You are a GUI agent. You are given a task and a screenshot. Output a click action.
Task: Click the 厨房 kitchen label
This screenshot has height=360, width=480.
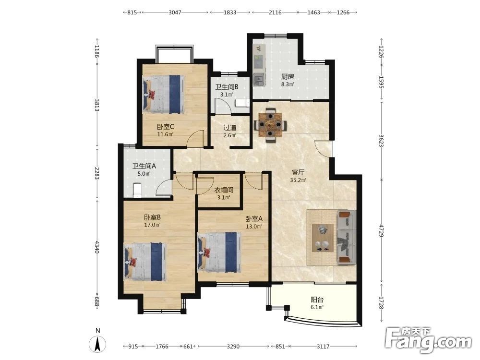point(288,76)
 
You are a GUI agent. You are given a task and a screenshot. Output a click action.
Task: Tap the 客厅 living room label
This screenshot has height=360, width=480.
point(298,172)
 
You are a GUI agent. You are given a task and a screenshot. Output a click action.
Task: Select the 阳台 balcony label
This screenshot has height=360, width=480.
point(317,300)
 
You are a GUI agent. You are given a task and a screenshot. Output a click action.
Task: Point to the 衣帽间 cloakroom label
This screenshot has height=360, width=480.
point(224,190)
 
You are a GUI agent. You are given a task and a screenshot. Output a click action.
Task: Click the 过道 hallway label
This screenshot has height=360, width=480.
point(230,128)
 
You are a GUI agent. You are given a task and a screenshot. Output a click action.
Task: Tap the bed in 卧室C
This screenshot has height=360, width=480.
point(164,94)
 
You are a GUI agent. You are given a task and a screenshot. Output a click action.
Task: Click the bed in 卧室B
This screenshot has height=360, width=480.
point(145,262)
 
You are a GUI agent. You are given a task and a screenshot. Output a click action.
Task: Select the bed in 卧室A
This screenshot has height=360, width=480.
point(219,252)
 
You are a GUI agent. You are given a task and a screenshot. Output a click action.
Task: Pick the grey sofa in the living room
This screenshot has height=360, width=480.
point(346,237)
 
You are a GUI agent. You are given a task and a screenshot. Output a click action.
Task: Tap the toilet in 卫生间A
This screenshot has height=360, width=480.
point(137,190)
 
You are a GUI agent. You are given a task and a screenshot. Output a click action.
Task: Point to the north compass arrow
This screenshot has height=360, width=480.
point(97,344)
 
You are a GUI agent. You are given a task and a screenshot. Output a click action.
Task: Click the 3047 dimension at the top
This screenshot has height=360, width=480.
point(175,12)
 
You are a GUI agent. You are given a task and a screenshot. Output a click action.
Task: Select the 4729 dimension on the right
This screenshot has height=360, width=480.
point(381,230)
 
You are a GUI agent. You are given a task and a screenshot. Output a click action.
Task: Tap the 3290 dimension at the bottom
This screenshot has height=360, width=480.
point(233,346)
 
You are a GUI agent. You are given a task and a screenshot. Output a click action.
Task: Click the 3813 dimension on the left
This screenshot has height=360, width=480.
point(97,105)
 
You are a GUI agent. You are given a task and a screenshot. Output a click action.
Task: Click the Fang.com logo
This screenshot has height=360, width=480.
point(428,339)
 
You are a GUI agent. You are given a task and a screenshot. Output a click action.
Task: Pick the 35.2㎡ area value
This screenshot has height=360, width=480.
point(298,180)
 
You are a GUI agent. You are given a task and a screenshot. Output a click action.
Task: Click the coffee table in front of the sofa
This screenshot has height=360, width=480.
point(323,238)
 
